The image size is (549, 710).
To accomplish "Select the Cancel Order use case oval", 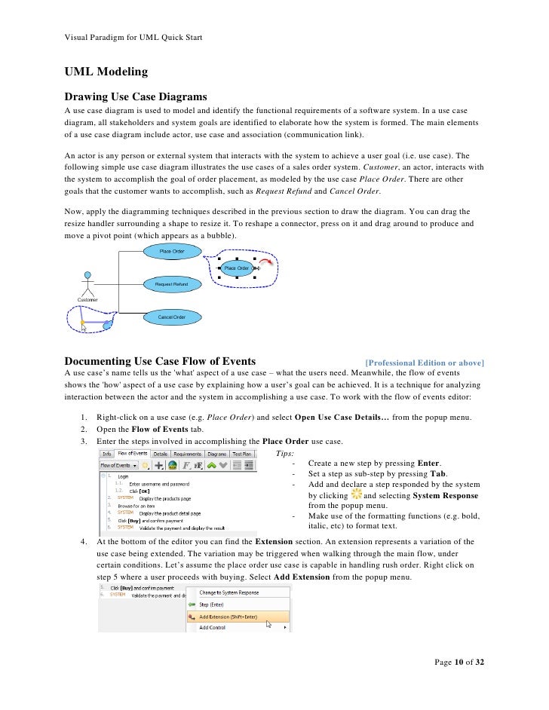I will (171, 317).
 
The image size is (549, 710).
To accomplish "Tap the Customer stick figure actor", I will (88, 283).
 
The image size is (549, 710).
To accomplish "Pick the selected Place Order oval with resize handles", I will (237, 268).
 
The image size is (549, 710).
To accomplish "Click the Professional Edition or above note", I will (424, 363).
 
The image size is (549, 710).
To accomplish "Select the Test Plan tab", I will (241, 454).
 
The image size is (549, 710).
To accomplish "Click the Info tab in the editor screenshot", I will (107, 454).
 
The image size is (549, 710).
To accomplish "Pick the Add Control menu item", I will (213, 627).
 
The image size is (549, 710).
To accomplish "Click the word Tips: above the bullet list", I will (285, 452).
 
